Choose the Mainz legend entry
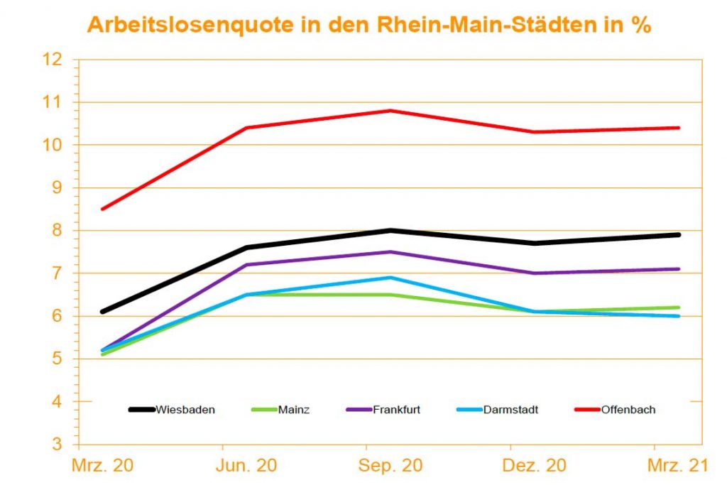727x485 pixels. [x=293, y=410]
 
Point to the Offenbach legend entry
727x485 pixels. [x=628, y=410]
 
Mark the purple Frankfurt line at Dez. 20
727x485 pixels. [x=535, y=273]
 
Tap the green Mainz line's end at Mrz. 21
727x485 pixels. [x=679, y=307]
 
